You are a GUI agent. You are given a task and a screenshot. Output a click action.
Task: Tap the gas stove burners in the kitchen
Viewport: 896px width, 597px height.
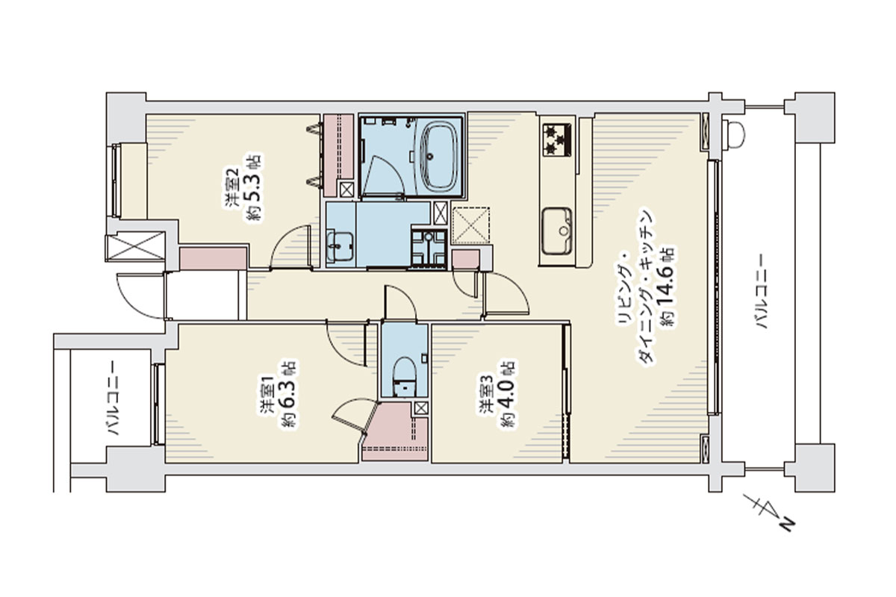click(x=557, y=140)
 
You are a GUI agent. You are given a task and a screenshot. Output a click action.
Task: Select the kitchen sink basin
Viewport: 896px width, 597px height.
click(x=557, y=231)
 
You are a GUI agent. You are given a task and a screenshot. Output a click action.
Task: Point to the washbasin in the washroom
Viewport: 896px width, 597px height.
click(x=340, y=247)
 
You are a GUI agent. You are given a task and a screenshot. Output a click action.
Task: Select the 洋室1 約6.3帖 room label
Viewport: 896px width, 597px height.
click(x=277, y=394)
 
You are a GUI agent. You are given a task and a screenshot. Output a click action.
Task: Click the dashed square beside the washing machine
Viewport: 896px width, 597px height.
click(x=471, y=225)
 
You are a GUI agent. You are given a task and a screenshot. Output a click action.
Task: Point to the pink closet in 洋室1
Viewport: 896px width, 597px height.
click(x=394, y=432)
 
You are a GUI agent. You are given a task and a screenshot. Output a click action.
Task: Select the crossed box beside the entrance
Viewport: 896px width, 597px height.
click(x=135, y=246)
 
